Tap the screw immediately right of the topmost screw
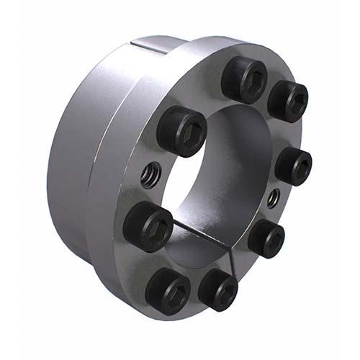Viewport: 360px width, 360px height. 287,101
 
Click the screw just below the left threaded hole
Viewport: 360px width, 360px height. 147,225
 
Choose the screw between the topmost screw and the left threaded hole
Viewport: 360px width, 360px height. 180,131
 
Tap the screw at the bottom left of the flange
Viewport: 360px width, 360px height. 168,293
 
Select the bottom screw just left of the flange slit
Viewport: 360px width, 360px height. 217,289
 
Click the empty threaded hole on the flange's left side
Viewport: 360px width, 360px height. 149,174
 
